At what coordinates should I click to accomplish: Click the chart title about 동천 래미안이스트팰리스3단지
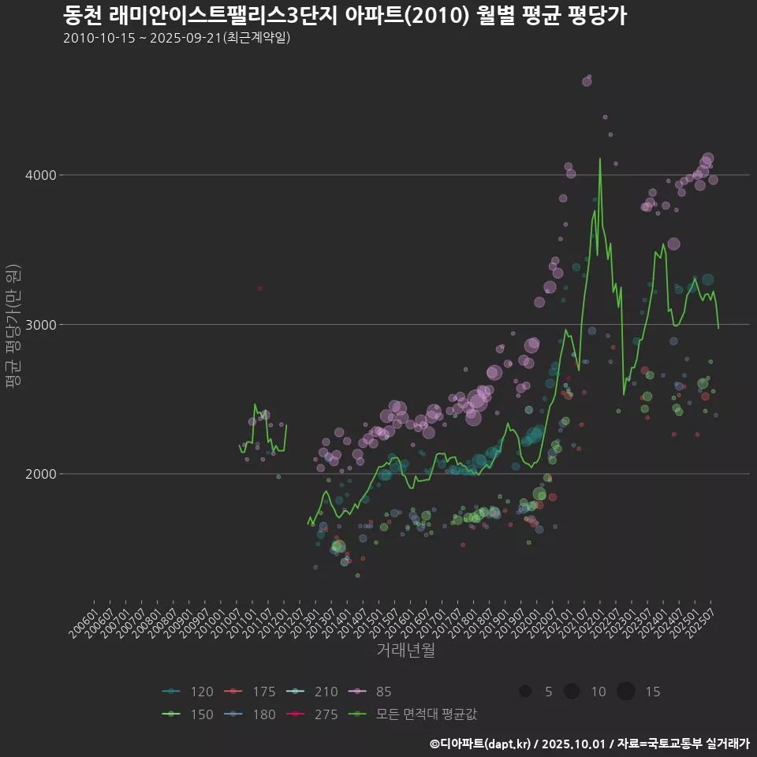[x=345, y=15]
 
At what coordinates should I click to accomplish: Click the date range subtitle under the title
[x=177, y=38]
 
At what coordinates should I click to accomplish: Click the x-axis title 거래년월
[x=405, y=650]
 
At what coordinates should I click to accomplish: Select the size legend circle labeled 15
[x=625, y=692]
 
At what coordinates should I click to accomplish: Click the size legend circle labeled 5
[x=525, y=692]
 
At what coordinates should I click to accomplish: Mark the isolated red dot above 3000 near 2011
[x=260, y=289]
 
